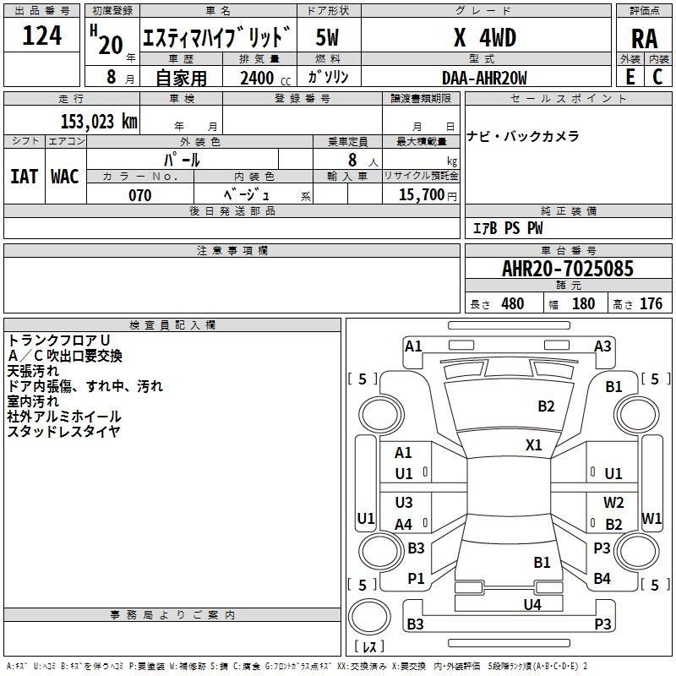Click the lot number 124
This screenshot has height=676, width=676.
click(42, 36)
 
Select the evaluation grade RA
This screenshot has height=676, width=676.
click(644, 39)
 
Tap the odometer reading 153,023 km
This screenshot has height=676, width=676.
click(99, 121)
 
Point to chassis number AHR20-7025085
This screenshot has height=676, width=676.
click(567, 269)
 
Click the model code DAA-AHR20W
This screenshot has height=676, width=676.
click(484, 78)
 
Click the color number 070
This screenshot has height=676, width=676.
click(139, 195)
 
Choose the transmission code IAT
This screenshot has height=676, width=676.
click(24, 176)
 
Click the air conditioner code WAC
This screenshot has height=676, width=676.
click(64, 176)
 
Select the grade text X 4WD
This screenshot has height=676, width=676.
click(484, 38)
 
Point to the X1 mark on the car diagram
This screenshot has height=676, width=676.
click(534, 444)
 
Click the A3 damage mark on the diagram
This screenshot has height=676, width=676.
click(602, 346)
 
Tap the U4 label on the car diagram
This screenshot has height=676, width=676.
click(532, 604)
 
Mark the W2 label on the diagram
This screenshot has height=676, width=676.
click(613, 503)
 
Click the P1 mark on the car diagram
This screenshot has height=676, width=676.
click(416, 578)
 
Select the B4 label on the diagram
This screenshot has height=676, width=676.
click(602, 578)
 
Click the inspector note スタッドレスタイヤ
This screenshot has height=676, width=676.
click(63, 431)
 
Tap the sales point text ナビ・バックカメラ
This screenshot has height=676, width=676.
click(522, 136)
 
